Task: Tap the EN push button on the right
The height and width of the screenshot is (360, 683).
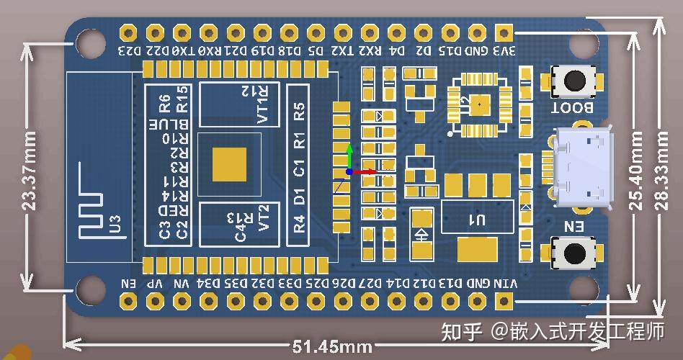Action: tap(574, 253)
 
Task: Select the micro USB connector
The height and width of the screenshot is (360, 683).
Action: tap(582, 167)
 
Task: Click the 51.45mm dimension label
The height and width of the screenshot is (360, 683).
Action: tap(332, 347)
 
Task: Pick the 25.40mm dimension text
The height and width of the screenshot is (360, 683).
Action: tap(637, 170)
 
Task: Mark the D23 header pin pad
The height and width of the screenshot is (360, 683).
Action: tap(128, 33)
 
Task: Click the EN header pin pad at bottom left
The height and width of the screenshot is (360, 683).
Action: tap(128, 300)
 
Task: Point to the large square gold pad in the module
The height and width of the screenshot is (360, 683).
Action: tap(229, 164)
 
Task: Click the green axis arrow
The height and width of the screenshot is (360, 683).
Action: tap(349, 153)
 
